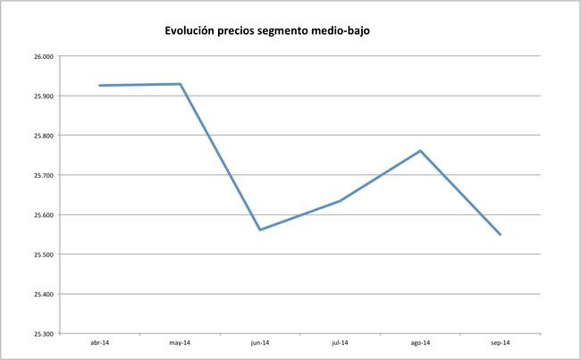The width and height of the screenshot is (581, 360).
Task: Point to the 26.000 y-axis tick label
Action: tap(43, 56)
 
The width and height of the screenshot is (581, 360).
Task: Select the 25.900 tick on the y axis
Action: tap(43, 96)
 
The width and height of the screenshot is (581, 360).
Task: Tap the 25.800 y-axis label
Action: tap(43, 136)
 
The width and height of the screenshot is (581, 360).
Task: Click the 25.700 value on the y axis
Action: tap(43, 175)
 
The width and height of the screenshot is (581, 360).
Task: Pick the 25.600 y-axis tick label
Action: tap(43, 215)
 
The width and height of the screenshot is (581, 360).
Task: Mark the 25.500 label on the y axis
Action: tap(43, 255)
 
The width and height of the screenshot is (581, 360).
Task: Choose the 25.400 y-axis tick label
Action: tap(43, 294)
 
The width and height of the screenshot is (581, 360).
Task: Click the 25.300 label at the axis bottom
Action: tap(43, 334)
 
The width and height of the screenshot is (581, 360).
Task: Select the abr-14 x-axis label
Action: tap(100, 342)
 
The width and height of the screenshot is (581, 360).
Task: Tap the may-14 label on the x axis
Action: tap(180, 342)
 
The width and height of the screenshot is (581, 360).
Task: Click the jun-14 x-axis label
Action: tap(260, 342)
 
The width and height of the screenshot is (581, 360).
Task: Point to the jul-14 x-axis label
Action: tap(340, 342)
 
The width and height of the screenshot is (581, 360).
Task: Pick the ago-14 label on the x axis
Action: tap(420, 342)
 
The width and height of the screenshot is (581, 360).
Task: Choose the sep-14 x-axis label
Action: tap(500, 342)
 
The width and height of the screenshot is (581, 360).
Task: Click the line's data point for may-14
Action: tap(181, 84)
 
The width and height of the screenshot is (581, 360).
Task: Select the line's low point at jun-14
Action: tap(260, 230)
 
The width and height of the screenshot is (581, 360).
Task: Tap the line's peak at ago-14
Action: tap(420, 150)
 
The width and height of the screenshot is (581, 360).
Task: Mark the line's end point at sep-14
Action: tap(500, 235)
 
